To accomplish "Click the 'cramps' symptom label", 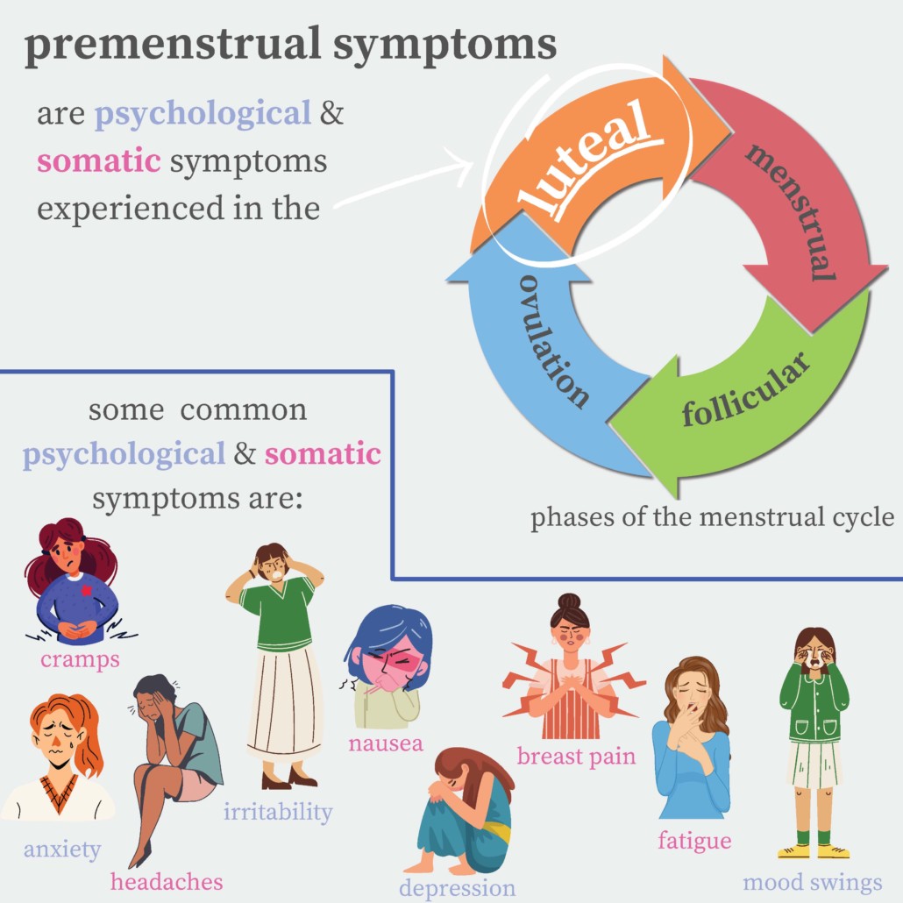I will tap(79, 659).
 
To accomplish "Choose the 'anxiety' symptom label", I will tap(62, 849).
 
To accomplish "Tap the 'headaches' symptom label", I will tap(167, 880).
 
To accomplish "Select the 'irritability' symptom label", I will tap(278, 812).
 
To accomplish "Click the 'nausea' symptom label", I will tap(385, 744).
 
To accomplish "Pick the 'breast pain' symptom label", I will tap(576, 756).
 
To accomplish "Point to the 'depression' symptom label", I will tap(458, 887).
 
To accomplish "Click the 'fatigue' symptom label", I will tap(694, 841).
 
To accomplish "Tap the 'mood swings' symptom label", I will tap(812, 882).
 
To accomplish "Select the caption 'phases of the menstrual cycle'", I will tap(712, 517).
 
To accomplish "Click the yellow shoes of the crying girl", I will tap(814, 850).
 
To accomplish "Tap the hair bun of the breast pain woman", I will tap(569, 603).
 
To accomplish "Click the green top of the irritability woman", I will tap(279, 612).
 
